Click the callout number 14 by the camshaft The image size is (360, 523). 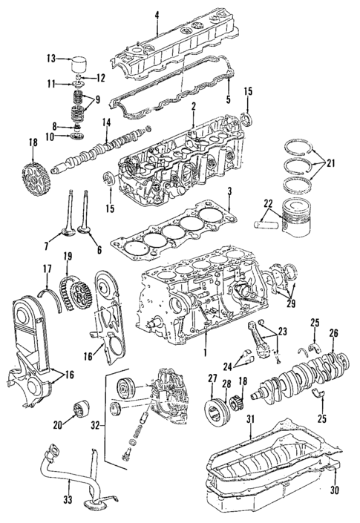pyautogui.click(x=106, y=122)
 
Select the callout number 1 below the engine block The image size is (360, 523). pyautogui.click(x=206, y=355)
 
